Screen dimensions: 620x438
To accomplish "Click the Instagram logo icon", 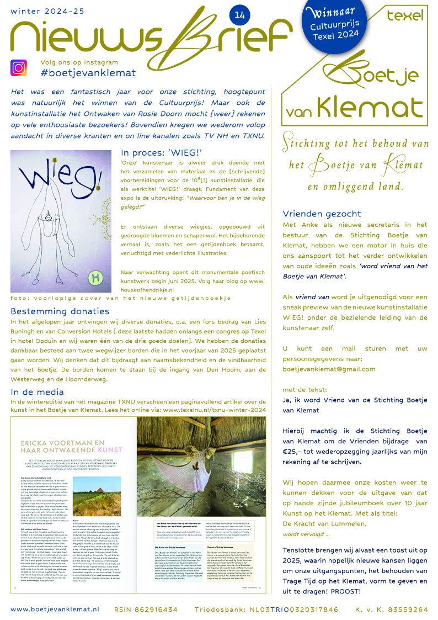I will (x=18, y=68).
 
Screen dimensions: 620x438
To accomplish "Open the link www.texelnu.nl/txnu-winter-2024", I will (x=215, y=410).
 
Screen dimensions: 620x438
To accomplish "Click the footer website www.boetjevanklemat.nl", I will (x=55, y=609).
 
